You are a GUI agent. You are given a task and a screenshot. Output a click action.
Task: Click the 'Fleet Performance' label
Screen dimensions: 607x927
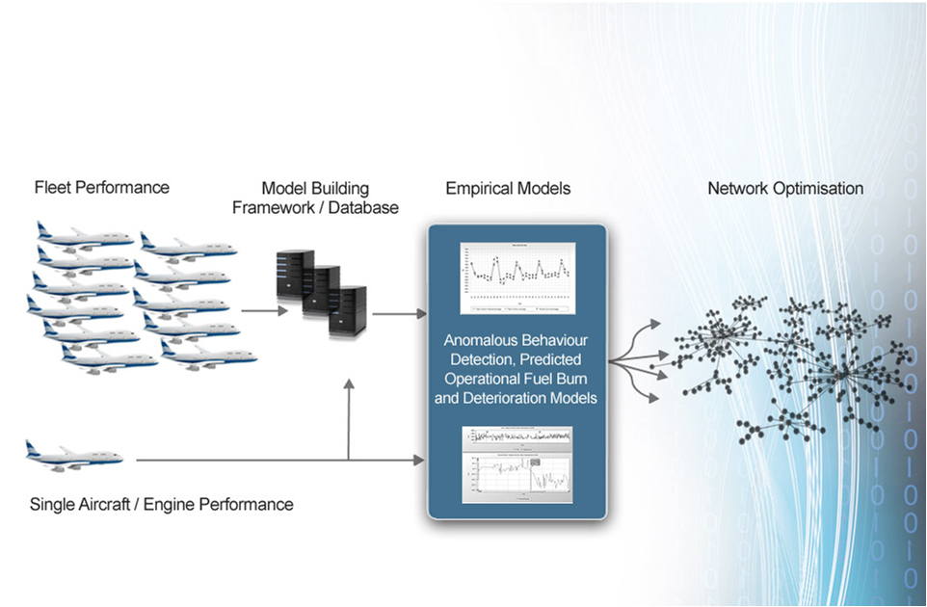tap(101, 188)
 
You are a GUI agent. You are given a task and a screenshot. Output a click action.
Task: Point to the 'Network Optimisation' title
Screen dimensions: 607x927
tap(785, 188)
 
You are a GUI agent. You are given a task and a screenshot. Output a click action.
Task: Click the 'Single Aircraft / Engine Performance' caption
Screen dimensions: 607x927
tap(161, 504)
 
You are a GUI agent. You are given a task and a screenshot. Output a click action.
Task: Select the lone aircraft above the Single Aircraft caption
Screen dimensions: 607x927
tap(75, 454)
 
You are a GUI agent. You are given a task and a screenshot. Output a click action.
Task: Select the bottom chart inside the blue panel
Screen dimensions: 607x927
tap(516, 464)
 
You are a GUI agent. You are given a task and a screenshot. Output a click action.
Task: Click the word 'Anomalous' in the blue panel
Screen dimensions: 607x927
tap(479, 341)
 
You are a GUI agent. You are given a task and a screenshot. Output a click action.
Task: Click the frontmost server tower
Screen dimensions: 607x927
tap(349, 310)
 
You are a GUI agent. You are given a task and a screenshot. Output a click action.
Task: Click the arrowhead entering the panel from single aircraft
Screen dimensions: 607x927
tap(420, 461)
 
